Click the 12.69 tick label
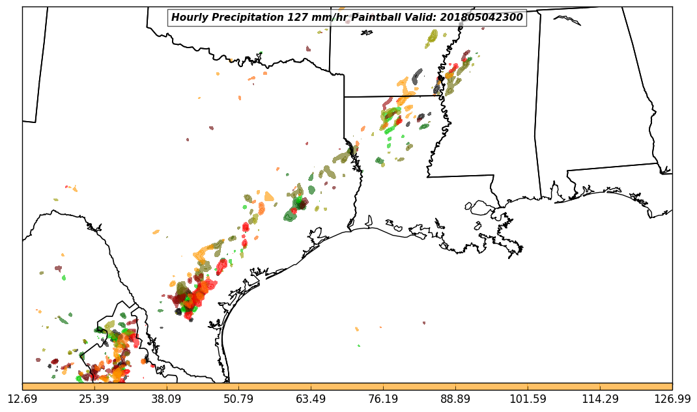[22, 399]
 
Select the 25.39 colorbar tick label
[94, 399]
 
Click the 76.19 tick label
[383, 399]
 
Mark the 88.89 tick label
[455, 399]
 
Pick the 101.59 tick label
[528, 399]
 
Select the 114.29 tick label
[600, 399]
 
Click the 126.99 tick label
[672, 399]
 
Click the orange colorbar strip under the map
[347, 387]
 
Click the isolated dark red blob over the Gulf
[424, 323]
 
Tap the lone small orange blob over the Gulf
[357, 329]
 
